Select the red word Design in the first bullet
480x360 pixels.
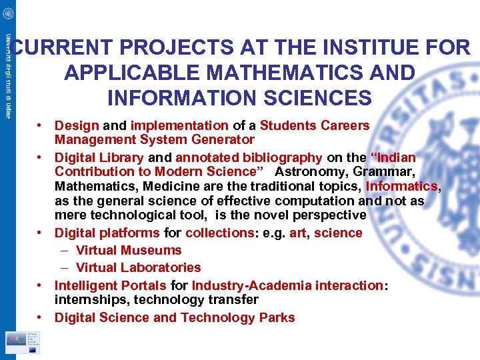click(77, 125)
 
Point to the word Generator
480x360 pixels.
click(225, 140)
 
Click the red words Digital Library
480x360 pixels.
click(99, 158)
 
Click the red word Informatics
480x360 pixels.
click(401, 187)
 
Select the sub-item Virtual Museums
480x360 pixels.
click(129, 251)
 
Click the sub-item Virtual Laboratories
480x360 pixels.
click(138, 268)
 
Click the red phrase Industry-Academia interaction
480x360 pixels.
click(287, 286)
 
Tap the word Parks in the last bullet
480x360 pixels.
click(277, 318)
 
